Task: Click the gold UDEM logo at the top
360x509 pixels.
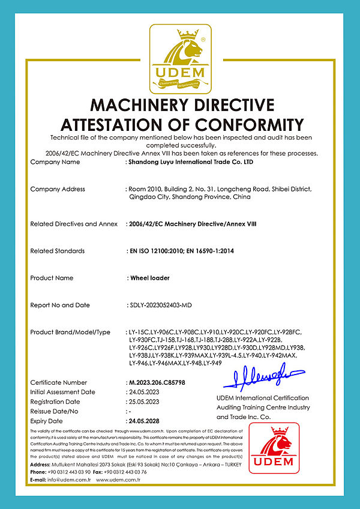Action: pos(180,56)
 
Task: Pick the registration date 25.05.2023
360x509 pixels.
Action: pos(145,402)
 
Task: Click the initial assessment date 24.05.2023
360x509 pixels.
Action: pos(145,392)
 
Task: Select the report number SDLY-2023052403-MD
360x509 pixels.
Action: pos(160,305)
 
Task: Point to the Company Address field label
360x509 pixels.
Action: pos(58,189)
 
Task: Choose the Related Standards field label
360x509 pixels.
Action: pos(58,251)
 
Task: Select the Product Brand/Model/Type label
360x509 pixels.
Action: pos(70,332)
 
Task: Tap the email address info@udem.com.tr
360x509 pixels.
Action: pos(70,480)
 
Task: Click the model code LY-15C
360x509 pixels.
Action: pos(139,332)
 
